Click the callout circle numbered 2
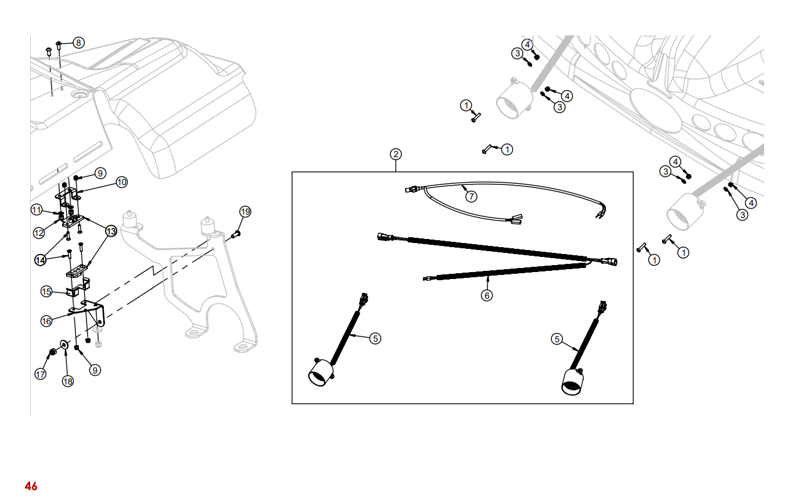point(396,154)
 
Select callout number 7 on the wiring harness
point(471,197)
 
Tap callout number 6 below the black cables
point(487,295)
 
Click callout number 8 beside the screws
point(78,42)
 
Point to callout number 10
point(121,182)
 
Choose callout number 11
point(37,209)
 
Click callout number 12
point(39,233)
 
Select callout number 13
point(111,231)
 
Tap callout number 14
point(40,260)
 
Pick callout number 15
point(46,291)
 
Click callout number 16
point(46,321)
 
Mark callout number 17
point(40,375)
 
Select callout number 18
point(68,381)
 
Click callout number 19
point(245,212)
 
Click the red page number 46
point(31,486)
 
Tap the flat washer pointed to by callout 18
point(64,346)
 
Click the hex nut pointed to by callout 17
point(52,352)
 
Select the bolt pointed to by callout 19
point(236,234)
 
